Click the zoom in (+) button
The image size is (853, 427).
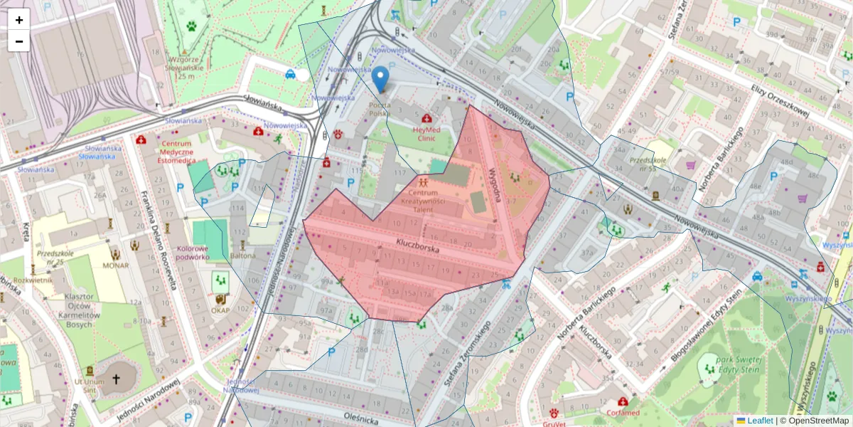pos(19,20)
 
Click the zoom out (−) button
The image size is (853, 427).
pos(19,41)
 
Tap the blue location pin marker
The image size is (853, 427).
pos(381,79)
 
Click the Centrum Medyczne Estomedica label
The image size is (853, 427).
pos(166,152)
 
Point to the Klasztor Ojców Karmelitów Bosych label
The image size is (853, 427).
pos(79,310)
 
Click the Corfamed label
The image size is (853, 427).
pos(623,412)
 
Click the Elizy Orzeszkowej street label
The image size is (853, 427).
pos(780,99)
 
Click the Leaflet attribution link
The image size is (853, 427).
pos(759,421)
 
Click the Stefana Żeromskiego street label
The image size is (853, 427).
pos(467,348)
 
